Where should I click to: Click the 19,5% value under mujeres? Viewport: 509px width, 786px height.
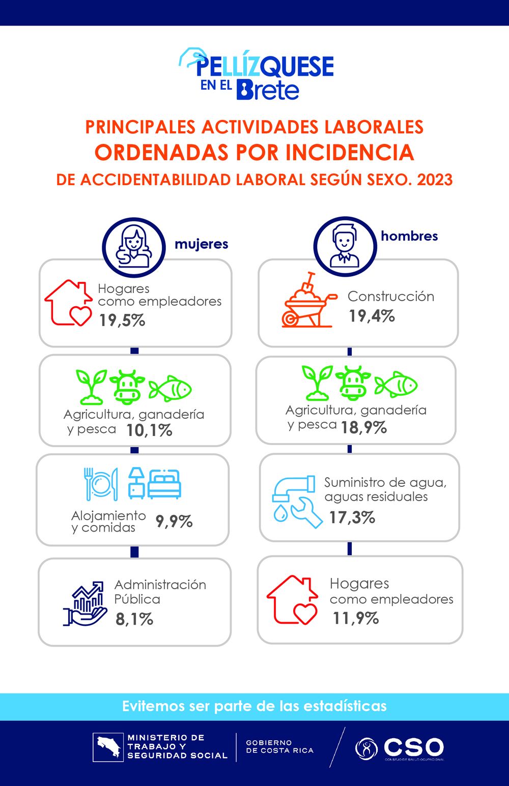click(122, 320)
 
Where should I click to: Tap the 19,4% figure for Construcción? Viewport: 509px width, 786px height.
click(372, 316)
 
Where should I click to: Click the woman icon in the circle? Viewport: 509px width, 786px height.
click(134, 247)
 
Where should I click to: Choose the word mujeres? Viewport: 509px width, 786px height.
click(201, 244)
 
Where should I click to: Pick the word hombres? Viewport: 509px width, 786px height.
click(409, 236)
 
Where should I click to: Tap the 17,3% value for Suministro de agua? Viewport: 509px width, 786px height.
click(352, 517)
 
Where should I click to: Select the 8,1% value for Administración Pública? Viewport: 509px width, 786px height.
click(134, 619)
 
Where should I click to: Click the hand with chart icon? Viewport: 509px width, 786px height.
click(84, 603)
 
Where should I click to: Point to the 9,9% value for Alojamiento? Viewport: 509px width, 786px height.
click(174, 521)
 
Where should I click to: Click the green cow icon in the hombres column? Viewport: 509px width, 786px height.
click(353, 383)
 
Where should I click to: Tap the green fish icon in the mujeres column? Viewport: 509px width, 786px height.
click(170, 389)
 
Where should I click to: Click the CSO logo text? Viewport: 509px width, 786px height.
click(413, 747)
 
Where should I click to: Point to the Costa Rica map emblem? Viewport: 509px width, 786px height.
click(108, 747)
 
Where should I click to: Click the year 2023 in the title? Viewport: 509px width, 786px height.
click(435, 180)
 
